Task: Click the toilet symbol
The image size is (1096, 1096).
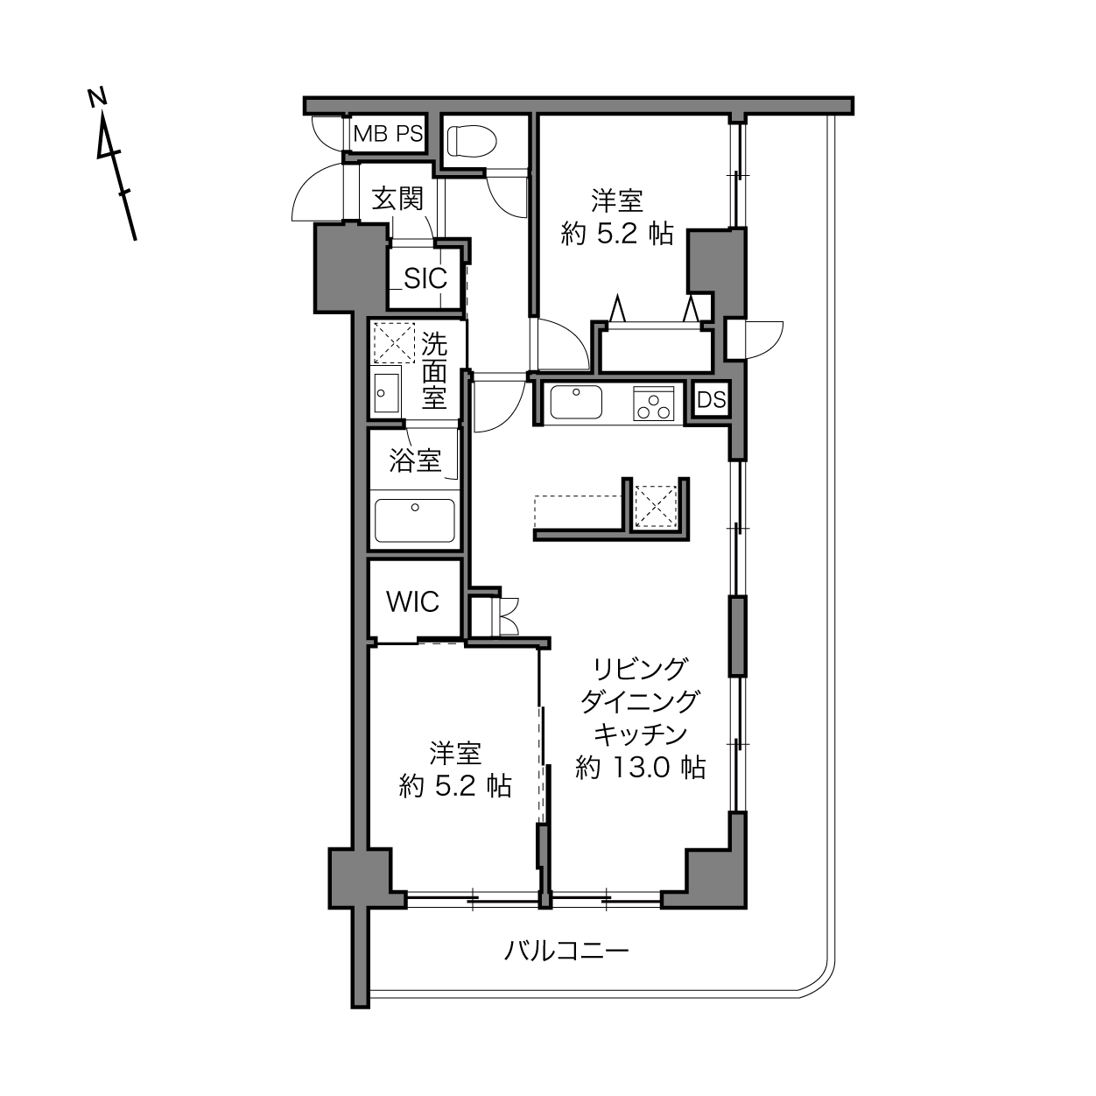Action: [x=472, y=140]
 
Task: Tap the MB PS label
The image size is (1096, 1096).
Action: [x=389, y=134]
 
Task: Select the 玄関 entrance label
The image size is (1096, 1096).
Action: [x=398, y=199]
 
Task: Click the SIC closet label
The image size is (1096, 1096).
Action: [x=425, y=278]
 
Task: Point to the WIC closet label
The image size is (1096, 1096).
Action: [x=413, y=601]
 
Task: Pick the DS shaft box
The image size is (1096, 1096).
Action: [x=712, y=400]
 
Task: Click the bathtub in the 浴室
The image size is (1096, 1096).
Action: [x=415, y=520]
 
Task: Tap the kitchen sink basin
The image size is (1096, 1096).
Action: [x=576, y=402]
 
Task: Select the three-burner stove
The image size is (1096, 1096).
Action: [x=654, y=404]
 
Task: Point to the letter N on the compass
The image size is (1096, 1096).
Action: [x=97, y=97]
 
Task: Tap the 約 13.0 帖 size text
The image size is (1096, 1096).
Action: [x=641, y=767]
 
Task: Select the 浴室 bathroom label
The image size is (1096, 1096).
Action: [x=415, y=460]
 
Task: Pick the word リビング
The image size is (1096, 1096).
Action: [x=641, y=670]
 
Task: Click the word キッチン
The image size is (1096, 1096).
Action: [x=641, y=734]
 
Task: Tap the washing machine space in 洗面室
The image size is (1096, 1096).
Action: [x=394, y=342]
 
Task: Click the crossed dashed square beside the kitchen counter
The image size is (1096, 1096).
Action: [x=656, y=506]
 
